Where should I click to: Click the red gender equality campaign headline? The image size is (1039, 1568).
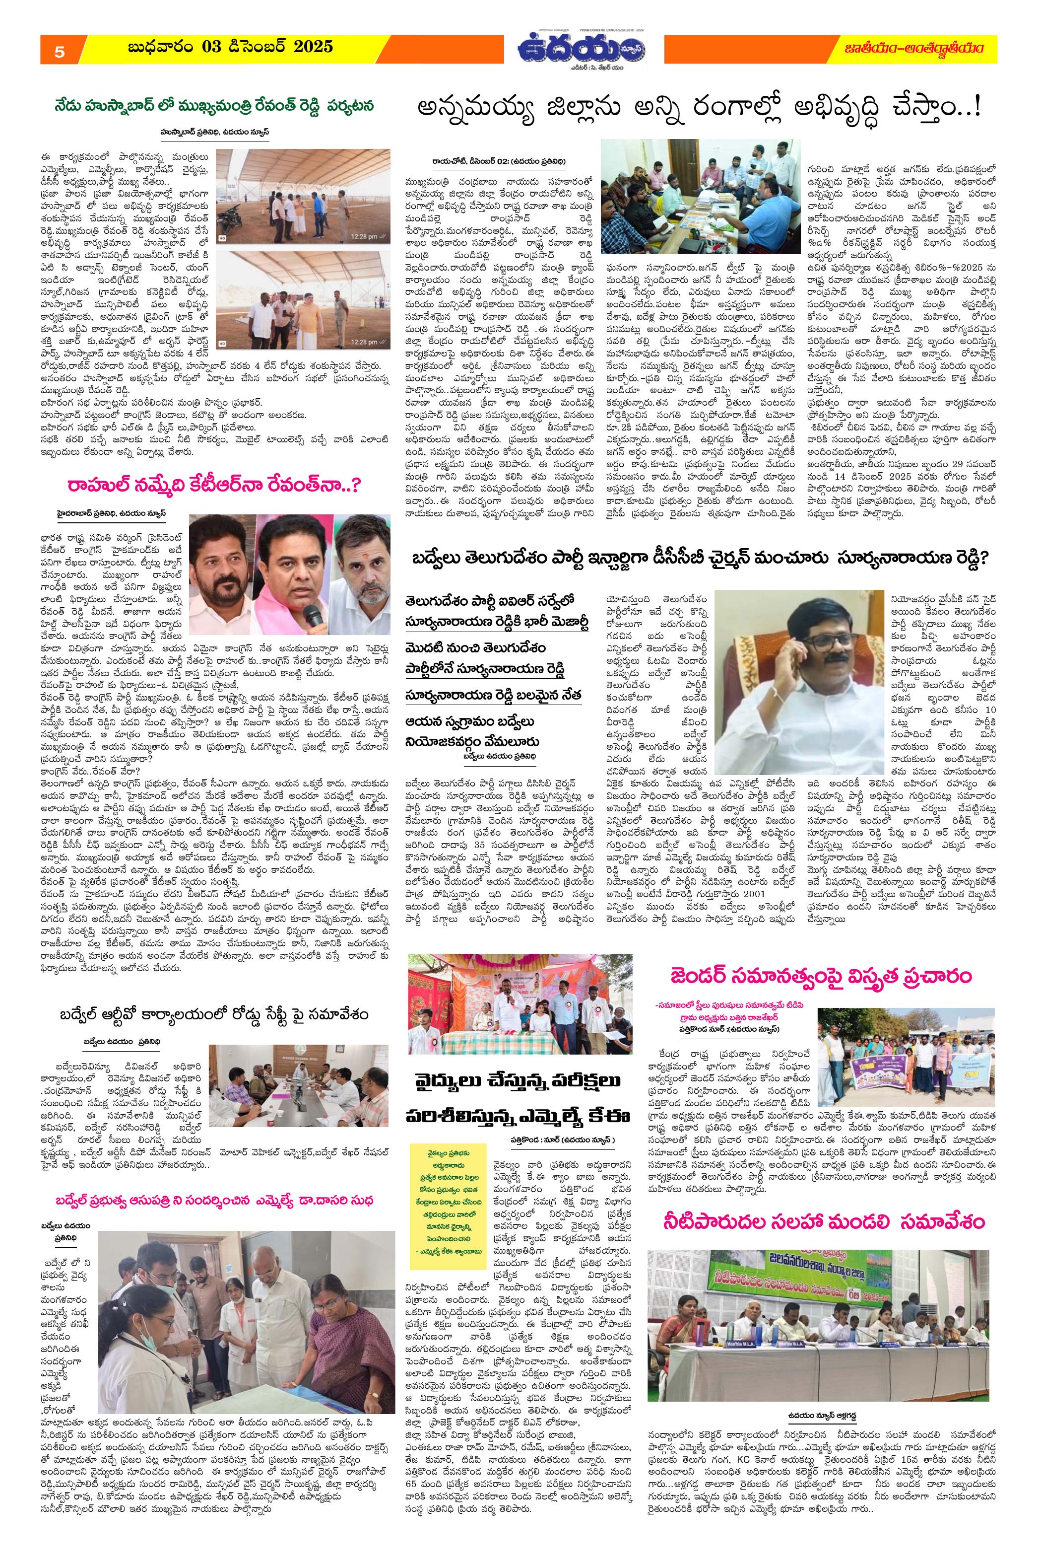[x=821, y=977]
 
